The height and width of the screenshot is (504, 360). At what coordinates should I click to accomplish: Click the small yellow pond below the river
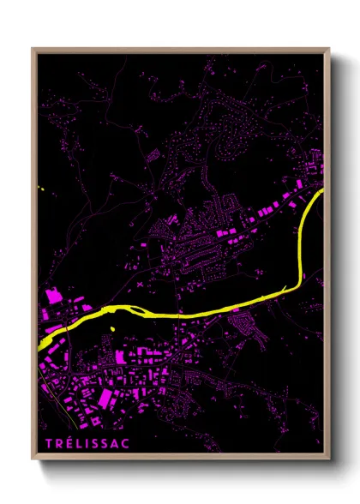pos(111,328)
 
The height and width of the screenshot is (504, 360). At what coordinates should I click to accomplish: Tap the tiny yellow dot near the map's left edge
pos(40,189)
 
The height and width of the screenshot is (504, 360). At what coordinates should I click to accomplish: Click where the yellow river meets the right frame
pos(322,193)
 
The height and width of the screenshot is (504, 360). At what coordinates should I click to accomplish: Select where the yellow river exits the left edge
pos(41,343)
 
